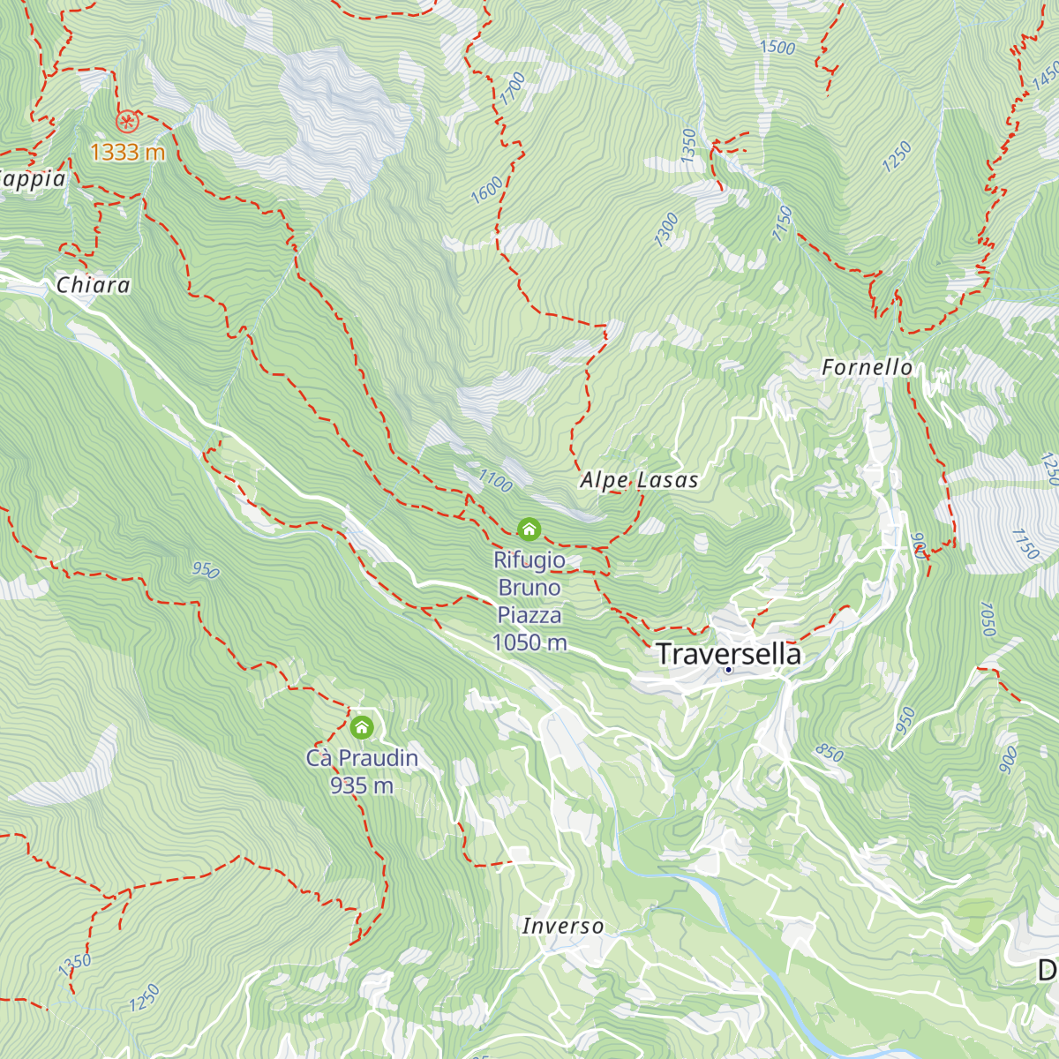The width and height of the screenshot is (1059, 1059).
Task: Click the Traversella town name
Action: tap(728, 654)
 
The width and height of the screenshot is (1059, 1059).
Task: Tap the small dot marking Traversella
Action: tap(729, 670)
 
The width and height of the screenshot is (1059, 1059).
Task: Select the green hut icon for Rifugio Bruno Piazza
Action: tap(529, 529)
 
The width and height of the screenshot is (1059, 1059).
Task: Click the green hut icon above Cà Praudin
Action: tap(362, 728)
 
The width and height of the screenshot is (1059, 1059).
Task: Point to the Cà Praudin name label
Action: tap(362, 758)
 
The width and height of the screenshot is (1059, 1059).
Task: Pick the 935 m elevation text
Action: tap(362, 785)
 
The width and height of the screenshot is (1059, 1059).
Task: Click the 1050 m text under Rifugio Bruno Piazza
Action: tap(529, 642)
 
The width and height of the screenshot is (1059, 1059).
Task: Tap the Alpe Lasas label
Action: tap(639, 480)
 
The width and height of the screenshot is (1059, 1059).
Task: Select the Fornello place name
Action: tap(867, 367)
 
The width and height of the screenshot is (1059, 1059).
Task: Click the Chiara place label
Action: tap(93, 285)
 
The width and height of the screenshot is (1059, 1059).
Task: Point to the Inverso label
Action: tap(562, 926)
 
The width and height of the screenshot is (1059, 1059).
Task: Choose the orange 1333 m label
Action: tap(128, 152)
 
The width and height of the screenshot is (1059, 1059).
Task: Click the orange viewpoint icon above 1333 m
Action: tap(127, 119)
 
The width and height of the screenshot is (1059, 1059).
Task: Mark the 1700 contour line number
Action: tap(513, 89)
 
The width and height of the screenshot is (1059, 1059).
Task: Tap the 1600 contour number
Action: tap(487, 191)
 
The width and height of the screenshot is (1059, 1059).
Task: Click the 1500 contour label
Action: tap(777, 47)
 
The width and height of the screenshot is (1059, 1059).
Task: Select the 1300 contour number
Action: tap(666, 229)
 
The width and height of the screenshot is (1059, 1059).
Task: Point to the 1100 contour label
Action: tap(495, 480)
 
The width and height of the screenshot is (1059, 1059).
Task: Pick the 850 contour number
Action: tap(829, 753)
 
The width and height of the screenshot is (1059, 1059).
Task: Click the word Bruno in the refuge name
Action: tap(529, 588)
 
